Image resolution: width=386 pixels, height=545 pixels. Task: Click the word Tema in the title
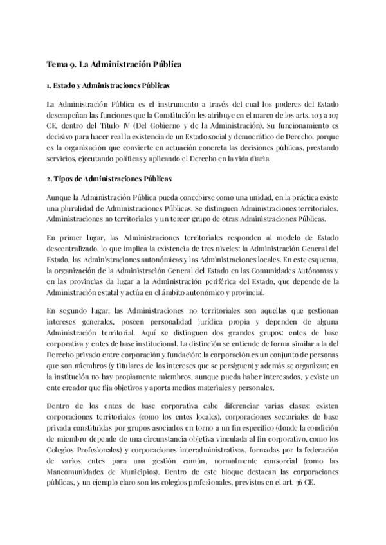(57, 65)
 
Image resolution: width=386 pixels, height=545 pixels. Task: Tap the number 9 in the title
(73, 65)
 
